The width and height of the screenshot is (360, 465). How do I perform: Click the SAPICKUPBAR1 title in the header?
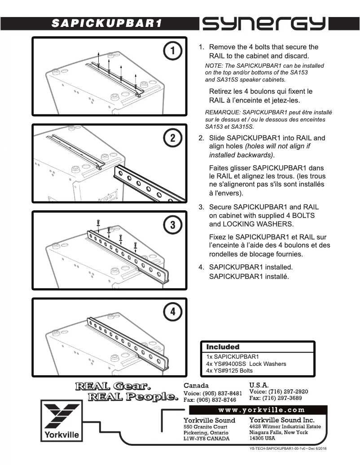106,23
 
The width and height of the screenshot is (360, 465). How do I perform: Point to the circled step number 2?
172,138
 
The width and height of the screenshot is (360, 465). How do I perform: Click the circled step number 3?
172,225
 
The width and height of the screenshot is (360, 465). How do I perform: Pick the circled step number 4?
172,312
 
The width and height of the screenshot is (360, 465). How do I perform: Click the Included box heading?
223,347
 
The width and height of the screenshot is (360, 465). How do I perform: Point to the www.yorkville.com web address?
261,410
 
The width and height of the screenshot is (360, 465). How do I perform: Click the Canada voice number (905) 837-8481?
213,393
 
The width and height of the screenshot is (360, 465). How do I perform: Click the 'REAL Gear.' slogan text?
113,386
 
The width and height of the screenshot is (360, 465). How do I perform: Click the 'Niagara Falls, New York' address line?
278,432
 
